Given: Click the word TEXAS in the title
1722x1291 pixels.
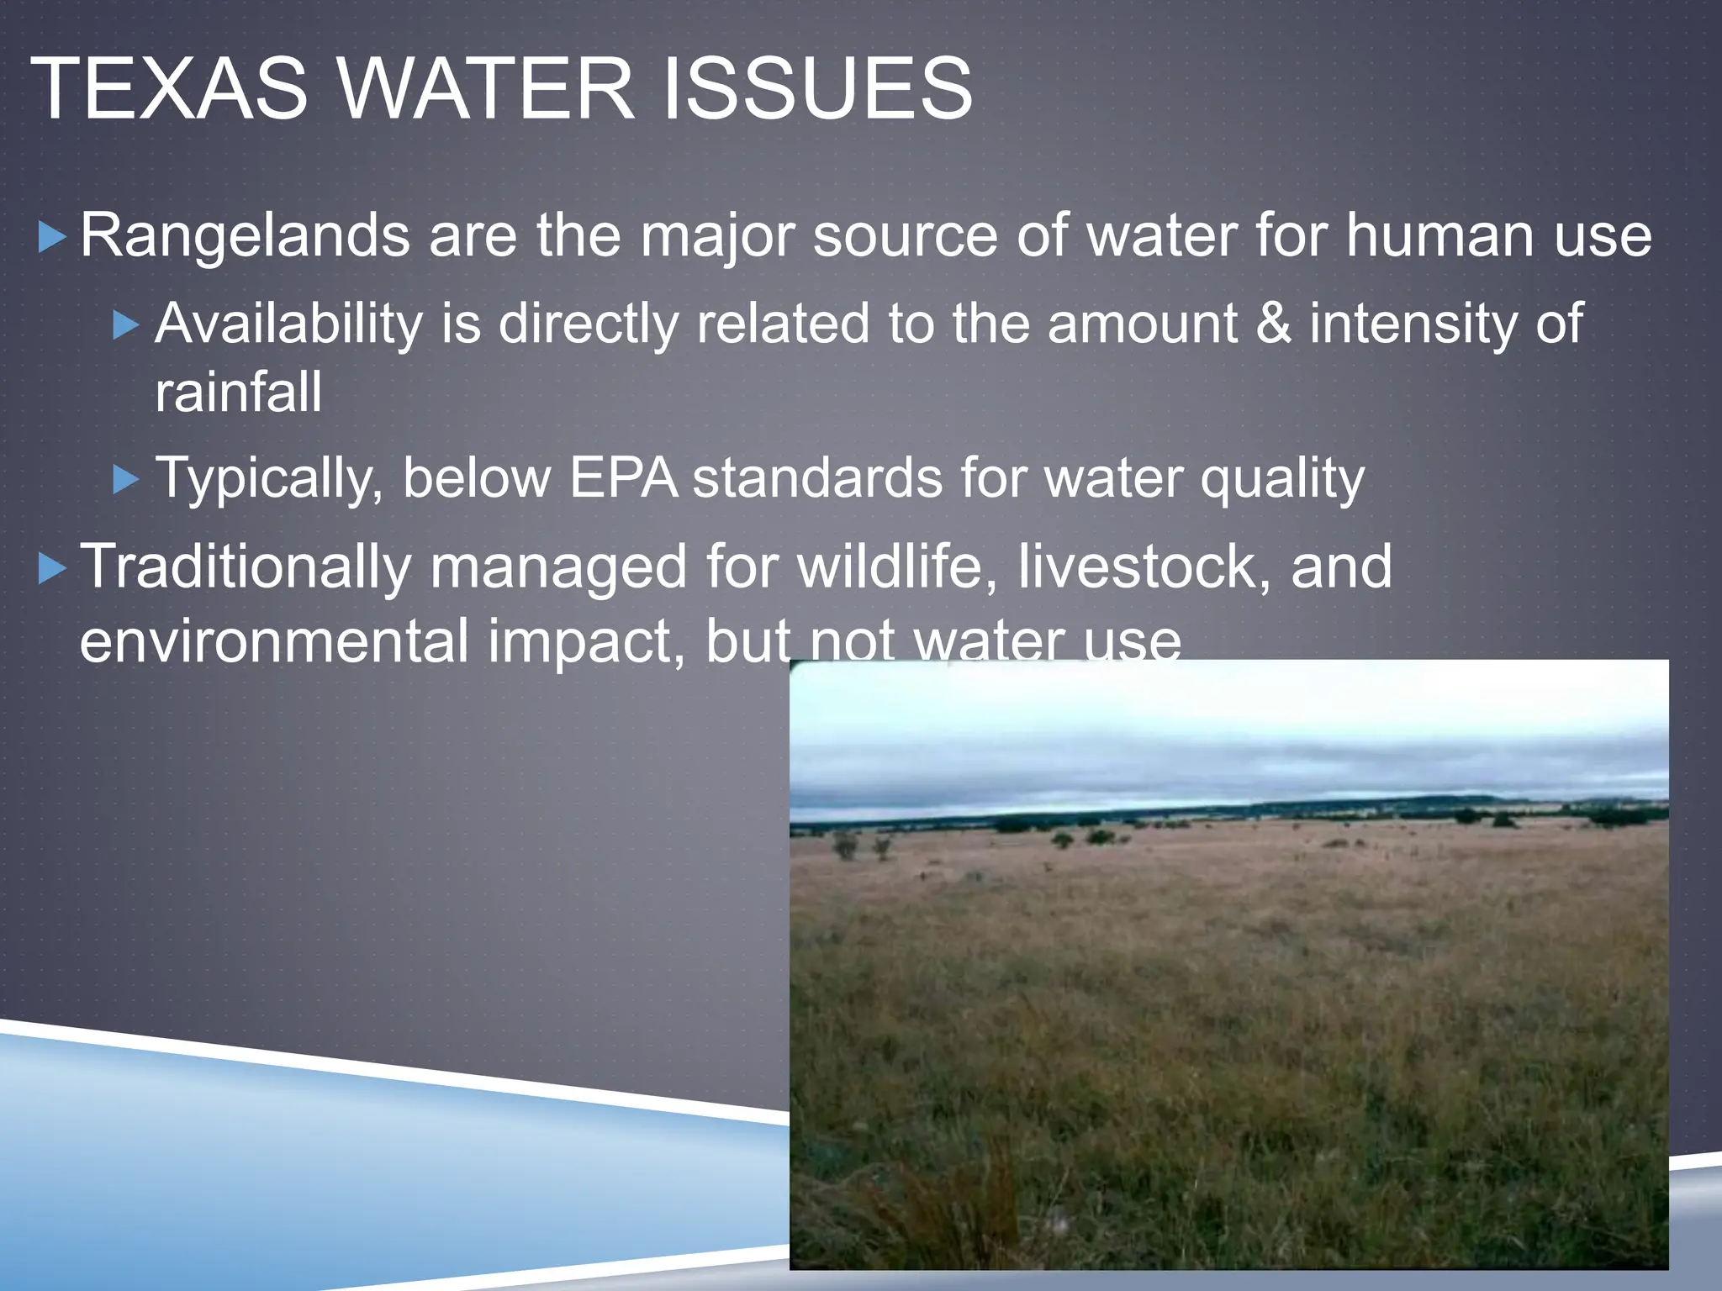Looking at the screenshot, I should tap(169, 89).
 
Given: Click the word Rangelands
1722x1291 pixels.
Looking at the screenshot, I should tap(245, 236).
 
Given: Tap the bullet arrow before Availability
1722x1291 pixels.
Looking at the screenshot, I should tap(126, 325).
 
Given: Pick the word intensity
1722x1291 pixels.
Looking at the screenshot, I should tap(1413, 324).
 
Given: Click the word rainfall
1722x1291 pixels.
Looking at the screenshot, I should tap(238, 393).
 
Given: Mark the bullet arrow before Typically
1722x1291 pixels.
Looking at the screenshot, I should tap(126, 480).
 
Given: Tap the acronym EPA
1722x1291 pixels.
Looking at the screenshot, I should tap(623, 478).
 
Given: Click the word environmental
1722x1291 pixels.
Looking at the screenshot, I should tap(273, 640).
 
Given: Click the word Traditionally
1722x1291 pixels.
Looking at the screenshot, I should tap(245, 566).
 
